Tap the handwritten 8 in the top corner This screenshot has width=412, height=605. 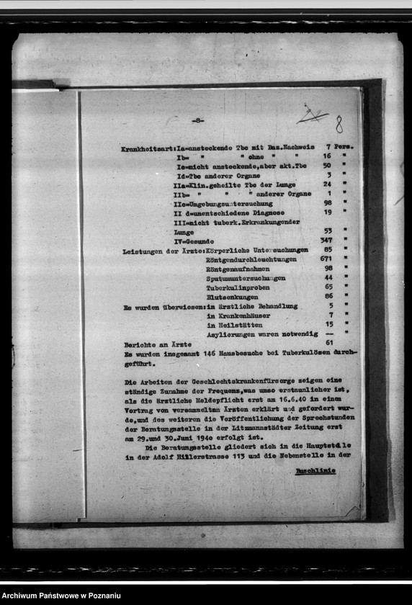[x=339, y=125]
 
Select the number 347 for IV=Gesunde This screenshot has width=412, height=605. [x=326, y=240]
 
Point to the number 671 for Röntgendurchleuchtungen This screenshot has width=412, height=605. [x=326, y=259]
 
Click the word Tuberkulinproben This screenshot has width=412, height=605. [x=238, y=287]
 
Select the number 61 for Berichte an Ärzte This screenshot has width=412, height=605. [x=329, y=342]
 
